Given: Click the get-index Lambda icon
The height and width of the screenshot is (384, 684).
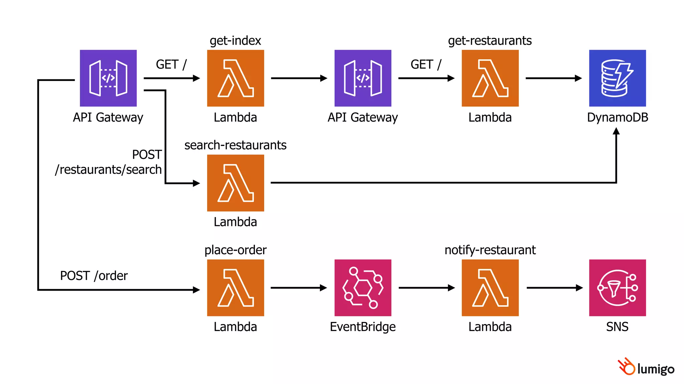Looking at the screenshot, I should [235, 78].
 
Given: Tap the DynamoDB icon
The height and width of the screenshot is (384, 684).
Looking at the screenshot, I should [617, 78].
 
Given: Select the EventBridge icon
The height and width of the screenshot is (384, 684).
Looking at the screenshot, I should [363, 288].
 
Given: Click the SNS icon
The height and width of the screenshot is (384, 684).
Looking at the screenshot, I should [617, 288].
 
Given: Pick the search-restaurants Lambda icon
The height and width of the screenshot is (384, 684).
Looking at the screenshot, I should [235, 183].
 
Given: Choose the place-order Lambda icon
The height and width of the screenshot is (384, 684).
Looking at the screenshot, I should [235, 288].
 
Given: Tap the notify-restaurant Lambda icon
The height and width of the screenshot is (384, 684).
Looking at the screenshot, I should [490, 288].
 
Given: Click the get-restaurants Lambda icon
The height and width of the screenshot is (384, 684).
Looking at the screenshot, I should [490, 78].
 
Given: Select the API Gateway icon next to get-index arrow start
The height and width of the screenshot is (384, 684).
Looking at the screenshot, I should [108, 78].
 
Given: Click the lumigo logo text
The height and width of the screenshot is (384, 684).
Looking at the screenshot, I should [656, 369].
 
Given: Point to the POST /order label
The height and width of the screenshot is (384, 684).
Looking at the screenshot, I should [94, 276].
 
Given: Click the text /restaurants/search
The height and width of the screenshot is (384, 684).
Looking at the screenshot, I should [109, 170].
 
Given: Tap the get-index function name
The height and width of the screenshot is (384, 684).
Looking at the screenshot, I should [235, 41].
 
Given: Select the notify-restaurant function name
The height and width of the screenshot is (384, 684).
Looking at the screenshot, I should [490, 250].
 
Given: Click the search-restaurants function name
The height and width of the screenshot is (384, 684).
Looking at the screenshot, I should [235, 145].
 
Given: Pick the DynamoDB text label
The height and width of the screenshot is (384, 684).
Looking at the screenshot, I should [617, 117].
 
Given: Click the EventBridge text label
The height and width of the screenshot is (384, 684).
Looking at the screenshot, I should [363, 327].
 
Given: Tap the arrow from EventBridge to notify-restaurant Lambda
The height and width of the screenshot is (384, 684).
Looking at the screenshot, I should [426, 288].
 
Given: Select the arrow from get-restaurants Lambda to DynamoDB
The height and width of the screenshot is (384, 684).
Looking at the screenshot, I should [553, 78].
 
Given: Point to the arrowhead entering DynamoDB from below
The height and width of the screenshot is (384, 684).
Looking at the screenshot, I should [616, 131].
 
